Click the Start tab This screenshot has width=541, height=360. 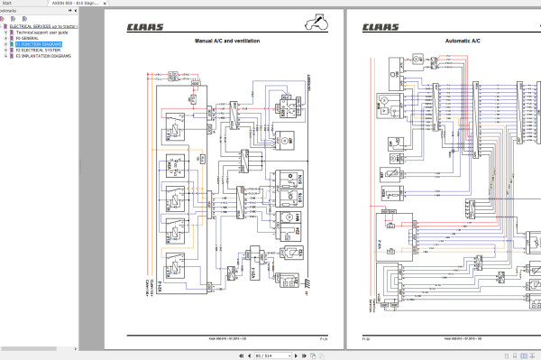(x=8, y=3)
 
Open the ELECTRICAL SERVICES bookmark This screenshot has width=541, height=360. (x=45, y=26)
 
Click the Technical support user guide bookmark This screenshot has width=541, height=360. (x=45, y=32)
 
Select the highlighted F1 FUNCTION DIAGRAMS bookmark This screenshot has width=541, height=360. (x=40, y=43)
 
